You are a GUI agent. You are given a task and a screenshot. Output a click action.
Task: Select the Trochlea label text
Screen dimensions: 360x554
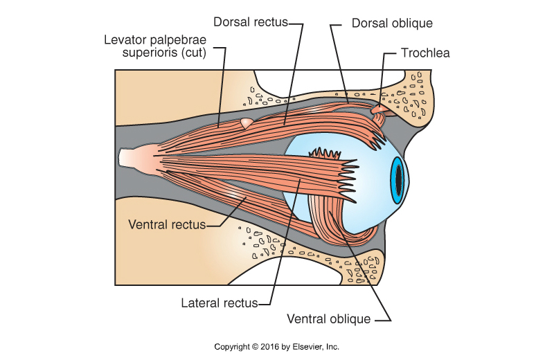pos(426,52)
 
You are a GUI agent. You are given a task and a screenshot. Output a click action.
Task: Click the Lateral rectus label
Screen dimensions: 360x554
pos(219,303)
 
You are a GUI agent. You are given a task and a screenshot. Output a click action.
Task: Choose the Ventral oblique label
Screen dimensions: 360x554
pos(329,319)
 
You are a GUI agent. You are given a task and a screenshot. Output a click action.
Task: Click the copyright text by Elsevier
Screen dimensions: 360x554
pos(276,347)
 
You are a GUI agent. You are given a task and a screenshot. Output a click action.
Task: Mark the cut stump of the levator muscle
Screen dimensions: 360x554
pos(246,123)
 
